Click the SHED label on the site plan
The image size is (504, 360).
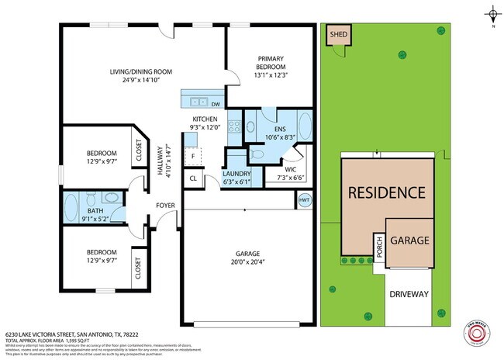pyautogui.click(x=338, y=35)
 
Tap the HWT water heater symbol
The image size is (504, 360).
pyautogui.click(x=305, y=199)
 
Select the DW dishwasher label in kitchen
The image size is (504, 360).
pyautogui.click(x=215, y=102)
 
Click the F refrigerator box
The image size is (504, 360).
pyautogui.click(x=193, y=156)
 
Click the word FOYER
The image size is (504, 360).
pyautogui.click(x=165, y=206)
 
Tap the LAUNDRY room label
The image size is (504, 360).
pyautogui.click(x=237, y=175)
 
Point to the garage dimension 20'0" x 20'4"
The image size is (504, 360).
pyautogui.click(x=248, y=261)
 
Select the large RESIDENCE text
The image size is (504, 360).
pyautogui.click(x=385, y=192)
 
